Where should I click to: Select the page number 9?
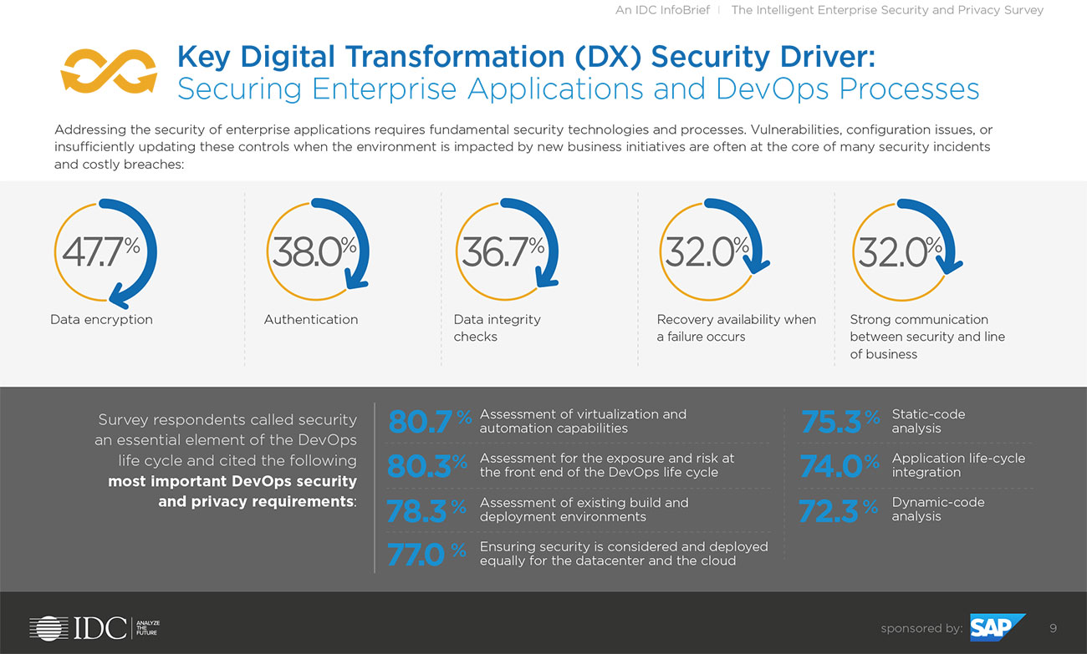tap(1053, 628)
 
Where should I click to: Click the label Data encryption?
tap(101, 320)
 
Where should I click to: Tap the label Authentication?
tap(311, 320)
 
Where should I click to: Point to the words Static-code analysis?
tap(928, 421)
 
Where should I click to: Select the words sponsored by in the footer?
tap(921, 628)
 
